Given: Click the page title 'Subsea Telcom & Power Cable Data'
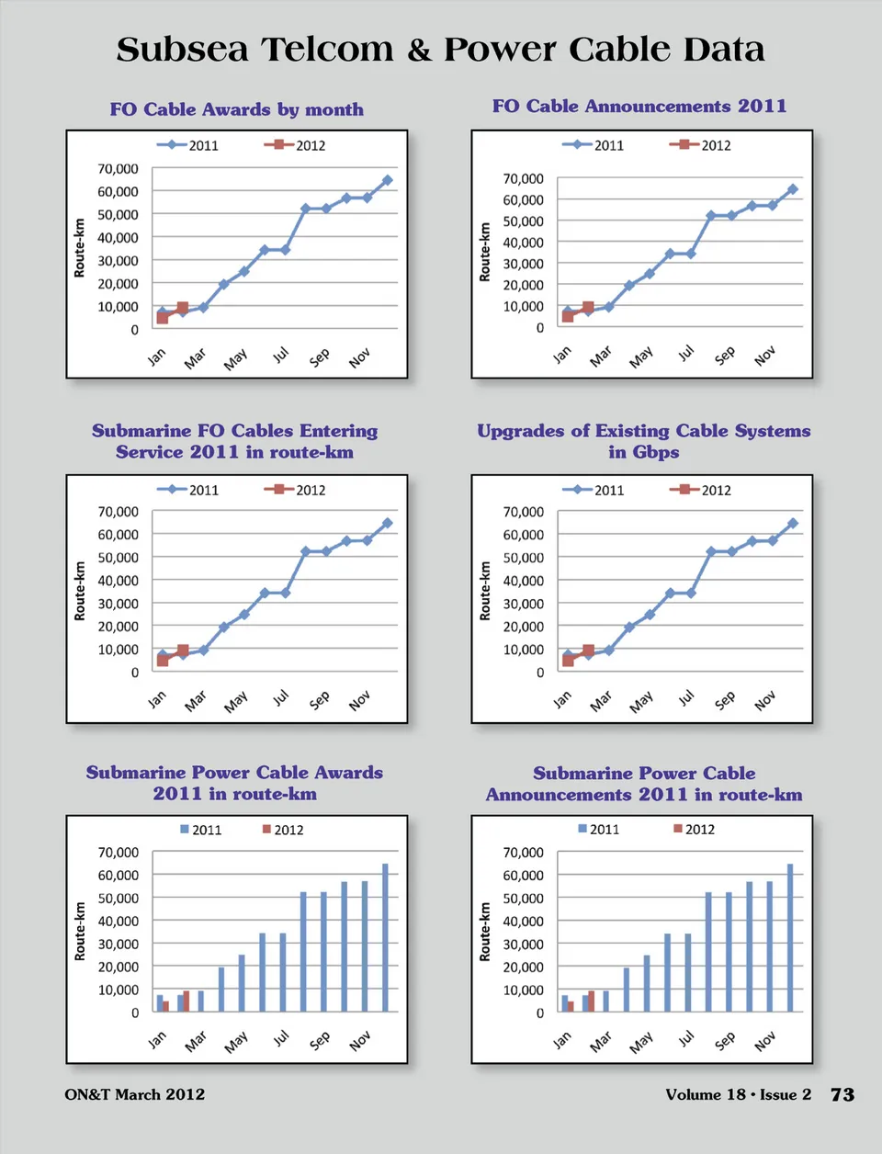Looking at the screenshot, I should click(440, 50).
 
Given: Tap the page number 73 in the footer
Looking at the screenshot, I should click(842, 1094).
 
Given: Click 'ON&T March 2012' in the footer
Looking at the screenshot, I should click(135, 1094).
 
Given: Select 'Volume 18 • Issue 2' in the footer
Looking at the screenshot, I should click(738, 1094).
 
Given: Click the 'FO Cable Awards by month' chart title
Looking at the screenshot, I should click(236, 109).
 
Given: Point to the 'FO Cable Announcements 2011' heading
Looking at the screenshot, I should click(639, 106).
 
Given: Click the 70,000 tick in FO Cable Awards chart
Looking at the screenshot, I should click(118, 169).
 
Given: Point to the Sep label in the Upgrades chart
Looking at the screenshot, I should click(725, 700).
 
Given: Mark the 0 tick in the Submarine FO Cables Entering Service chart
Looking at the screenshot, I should click(134, 673).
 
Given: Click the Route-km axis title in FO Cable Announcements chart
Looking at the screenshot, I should click(484, 252).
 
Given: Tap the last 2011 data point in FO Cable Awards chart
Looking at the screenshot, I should click(387, 181).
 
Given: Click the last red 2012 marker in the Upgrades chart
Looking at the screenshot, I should click(588, 651).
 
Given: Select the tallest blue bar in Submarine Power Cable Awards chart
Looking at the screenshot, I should click(385, 937).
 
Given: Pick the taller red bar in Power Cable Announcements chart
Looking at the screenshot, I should click(591, 1001).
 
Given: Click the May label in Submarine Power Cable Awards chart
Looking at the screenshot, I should click(236, 1041).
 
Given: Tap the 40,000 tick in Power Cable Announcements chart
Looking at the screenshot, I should click(523, 921).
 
